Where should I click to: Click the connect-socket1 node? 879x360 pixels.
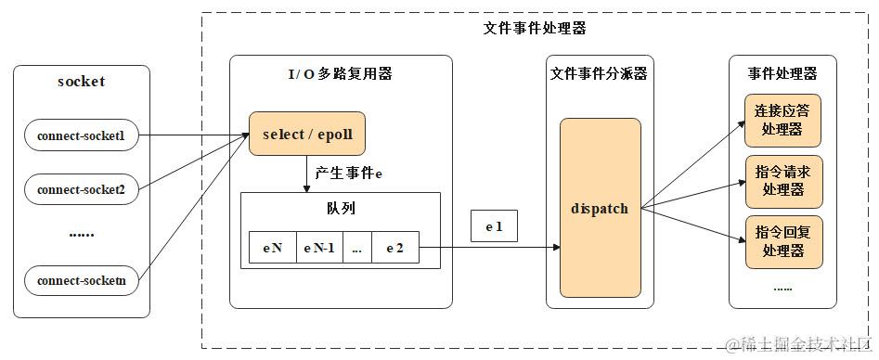point(82,135)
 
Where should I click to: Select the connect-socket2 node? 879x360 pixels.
point(82,189)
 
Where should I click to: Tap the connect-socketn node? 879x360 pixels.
point(82,280)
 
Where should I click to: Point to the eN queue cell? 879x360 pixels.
point(272,248)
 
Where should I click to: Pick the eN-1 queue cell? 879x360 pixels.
point(318,248)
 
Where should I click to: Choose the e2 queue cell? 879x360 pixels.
point(394,248)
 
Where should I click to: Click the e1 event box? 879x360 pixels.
point(494,226)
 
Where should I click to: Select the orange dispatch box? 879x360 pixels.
point(600,208)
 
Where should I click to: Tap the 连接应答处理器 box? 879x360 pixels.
point(782,120)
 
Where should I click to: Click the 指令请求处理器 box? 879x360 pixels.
point(782,181)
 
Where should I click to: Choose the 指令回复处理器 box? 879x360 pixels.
point(782,241)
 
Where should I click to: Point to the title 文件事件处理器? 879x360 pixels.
point(535,28)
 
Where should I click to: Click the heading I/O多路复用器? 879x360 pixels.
point(341,72)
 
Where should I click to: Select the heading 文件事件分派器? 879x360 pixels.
point(599,72)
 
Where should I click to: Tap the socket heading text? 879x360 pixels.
point(82,82)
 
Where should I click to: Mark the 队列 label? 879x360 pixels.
point(340,209)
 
